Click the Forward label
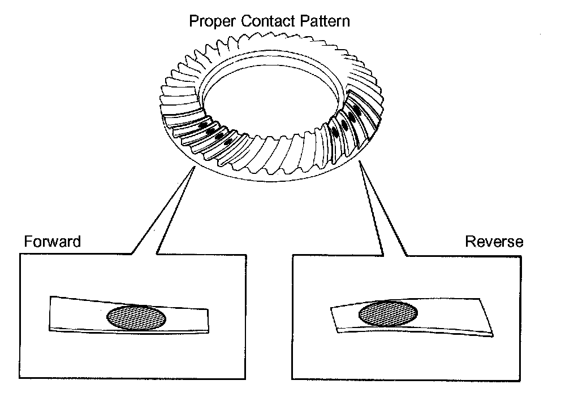click(x=53, y=242)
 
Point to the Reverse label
click(x=494, y=242)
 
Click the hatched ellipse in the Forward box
click(x=137, y=317)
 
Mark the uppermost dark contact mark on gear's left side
click(x=202, y=125)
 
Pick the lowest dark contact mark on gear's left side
click(x=228, y=142)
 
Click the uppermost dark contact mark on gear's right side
click(x=357, y=107)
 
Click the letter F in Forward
click(x=27, y=242)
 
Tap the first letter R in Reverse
click(x=469, y=242)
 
